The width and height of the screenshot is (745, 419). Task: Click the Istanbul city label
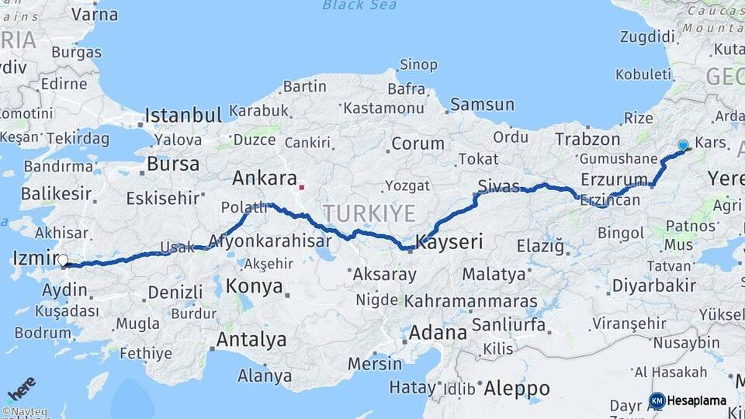pos(184,116)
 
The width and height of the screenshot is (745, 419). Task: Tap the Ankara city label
pos(265,178)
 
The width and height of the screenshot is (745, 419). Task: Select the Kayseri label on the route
pos(449,242)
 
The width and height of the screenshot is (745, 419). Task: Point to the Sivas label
pos(498,185)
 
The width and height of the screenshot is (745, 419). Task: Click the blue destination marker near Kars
pos(683,145)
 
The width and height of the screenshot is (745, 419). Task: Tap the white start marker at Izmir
pos(63,261)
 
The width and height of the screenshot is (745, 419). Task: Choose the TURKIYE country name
pos(369,213)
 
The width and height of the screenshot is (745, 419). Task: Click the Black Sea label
pos(359,5)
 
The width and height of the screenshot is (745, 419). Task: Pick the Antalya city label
pos(251,339)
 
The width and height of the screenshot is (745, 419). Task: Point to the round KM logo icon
pos(657,401)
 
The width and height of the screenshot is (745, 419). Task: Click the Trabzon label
pos(587,140)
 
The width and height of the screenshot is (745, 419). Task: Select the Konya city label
pos(254,286)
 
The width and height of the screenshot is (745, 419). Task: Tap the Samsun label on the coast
pos(482,104)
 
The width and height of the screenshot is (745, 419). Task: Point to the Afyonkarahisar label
pos(279,240)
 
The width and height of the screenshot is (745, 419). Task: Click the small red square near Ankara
pos(302,186)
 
